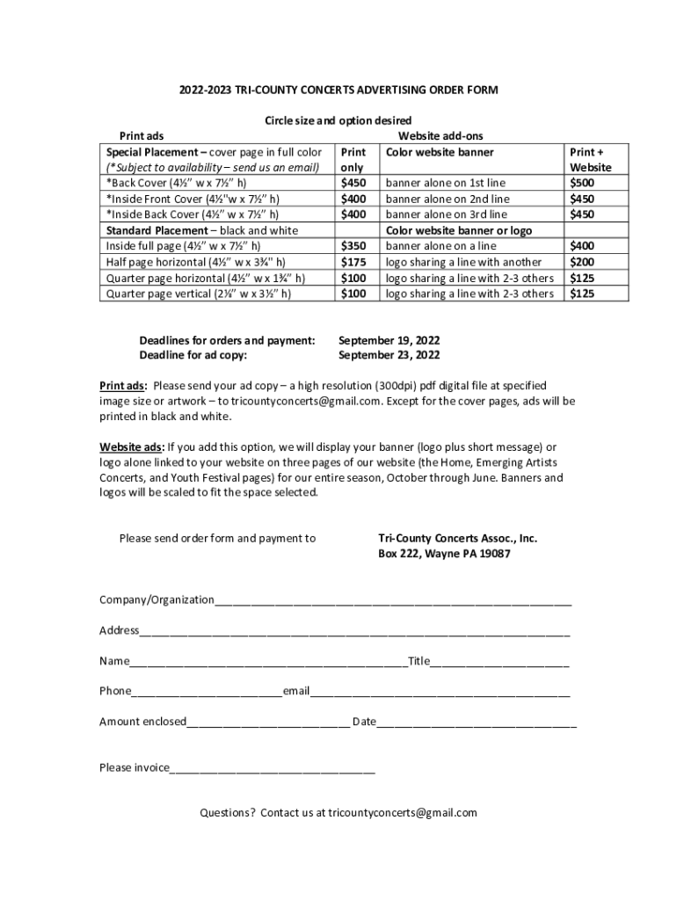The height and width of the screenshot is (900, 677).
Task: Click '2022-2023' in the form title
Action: coord(205,90)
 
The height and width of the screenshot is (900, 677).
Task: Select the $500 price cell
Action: coord(582,183)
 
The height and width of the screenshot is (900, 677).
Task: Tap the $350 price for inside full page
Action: coord(353,246)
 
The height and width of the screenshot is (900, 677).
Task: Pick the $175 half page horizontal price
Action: coord(353,262)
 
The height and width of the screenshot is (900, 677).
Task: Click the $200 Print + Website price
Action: coord(582,262)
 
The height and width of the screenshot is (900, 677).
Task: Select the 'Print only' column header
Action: coord(353,160)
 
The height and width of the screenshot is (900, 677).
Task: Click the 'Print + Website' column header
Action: coord(590,160)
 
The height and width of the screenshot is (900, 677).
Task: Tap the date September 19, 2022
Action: coord(389,340)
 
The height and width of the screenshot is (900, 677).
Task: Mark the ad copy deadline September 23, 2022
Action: coord(389,356)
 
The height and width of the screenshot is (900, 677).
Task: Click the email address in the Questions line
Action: coord(403,813)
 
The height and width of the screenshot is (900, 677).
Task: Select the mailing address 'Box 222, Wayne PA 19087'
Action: coord(444,555)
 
